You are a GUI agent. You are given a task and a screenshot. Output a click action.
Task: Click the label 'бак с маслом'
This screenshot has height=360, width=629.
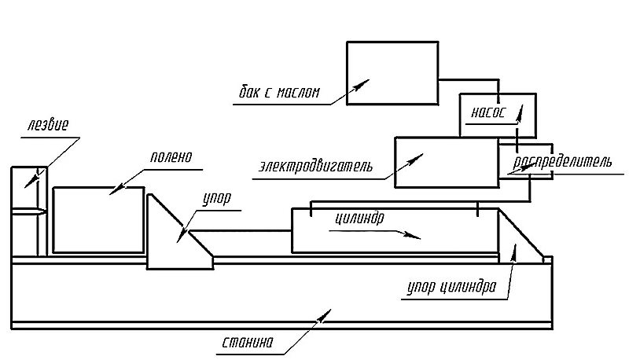pos(279,92)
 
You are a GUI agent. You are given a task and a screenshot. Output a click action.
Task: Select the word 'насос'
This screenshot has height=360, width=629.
pos(488,110)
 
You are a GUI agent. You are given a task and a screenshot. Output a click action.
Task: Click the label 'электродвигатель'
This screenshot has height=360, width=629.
pos(315,167)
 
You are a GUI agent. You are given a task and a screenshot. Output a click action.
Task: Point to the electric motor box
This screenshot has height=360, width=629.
pos(446,162)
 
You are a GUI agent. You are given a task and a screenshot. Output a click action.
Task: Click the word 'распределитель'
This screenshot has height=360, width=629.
pos(561,163)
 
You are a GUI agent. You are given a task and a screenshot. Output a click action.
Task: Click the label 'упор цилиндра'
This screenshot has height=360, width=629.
pos(451,287)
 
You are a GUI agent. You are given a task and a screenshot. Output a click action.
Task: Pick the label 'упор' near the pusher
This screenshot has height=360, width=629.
pos(218,199)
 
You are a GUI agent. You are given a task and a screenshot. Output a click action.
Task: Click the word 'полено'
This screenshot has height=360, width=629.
pos(171,156)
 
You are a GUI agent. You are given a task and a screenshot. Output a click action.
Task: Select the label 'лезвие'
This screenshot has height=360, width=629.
pos(48,125)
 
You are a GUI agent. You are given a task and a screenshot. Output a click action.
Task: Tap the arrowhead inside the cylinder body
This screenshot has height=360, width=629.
pos(417,234)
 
